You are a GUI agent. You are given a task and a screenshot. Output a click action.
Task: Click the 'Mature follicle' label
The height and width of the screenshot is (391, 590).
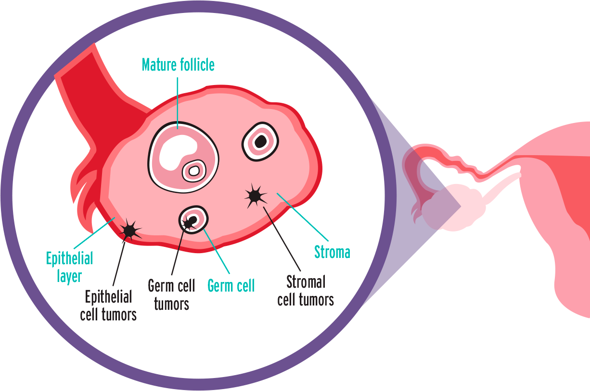click(x=178, y=65)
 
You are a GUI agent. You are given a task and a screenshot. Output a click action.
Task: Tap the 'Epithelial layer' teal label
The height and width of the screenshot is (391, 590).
click(x=69, y=267)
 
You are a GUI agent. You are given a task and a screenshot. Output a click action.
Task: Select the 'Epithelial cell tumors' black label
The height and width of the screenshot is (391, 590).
click(x=108, y=305)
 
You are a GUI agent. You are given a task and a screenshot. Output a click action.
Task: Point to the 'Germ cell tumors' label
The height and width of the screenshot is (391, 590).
click(x=171, y=294)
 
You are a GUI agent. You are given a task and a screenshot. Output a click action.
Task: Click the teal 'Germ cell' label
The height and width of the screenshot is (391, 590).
click(x=231, y=286)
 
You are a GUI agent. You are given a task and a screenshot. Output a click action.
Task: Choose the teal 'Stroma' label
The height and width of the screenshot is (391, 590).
click(x=332, y=252)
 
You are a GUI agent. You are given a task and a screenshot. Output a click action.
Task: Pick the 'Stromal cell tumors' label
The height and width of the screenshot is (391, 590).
click(x=306, y=291)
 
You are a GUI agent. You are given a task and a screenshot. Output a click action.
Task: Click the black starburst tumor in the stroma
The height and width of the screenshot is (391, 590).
click(x=255, y=195)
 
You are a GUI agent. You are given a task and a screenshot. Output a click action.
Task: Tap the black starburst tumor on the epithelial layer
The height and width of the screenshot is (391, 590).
click(x=129, y=231)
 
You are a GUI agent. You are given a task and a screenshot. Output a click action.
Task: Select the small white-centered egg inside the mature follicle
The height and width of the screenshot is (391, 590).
click(x=193, y=171)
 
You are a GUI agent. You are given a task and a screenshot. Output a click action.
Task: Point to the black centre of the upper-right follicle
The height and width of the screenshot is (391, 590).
click(x=260, y=141)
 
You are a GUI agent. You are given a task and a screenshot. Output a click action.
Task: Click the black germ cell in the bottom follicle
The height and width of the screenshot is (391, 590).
click(x=192, y=221)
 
